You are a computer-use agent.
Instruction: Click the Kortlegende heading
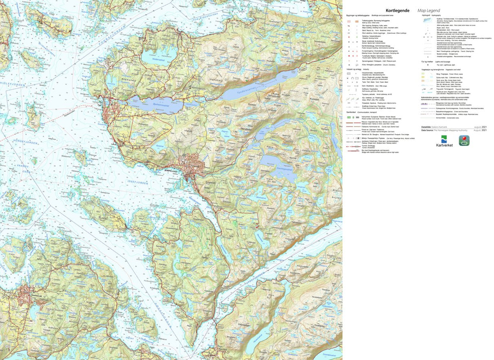tap(397, 10)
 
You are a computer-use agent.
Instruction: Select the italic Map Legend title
tap(429, 10)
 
